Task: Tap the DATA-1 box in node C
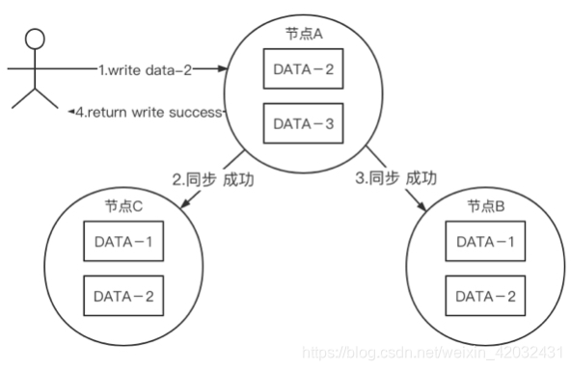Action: [x=122, y=242]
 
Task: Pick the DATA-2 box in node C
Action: [x=122, y=297]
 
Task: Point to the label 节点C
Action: [x=122, y=207]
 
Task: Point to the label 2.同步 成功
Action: [x=212, y=179]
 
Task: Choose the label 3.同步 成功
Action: [x=394, y=178]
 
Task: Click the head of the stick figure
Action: [x=36, y=40]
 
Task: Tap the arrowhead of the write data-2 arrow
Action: [x=222, y=69]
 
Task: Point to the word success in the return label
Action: [x=199, y=114]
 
